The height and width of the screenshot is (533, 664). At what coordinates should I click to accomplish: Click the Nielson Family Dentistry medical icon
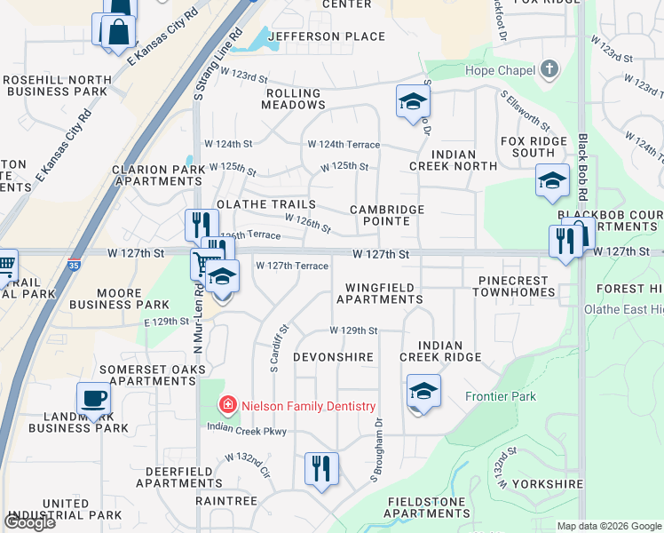227,406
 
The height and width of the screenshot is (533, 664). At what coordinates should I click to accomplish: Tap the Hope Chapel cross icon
549,69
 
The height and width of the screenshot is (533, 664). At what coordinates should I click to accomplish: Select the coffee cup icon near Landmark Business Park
93,401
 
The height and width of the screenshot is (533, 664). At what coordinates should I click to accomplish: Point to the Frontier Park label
500,396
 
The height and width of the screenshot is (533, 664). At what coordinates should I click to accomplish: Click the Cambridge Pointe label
386,215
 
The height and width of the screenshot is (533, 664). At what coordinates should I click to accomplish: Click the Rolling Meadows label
293,99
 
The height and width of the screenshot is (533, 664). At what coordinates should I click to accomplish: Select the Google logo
29,522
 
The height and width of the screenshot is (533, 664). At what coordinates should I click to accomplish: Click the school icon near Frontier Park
423,392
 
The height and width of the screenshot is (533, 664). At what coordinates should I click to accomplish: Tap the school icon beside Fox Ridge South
552,182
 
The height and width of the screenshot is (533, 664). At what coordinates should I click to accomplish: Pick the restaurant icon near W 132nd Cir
321,468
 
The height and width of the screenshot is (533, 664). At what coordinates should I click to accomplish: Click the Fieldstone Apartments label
427,507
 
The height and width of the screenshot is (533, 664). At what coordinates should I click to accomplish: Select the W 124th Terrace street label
344,144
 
